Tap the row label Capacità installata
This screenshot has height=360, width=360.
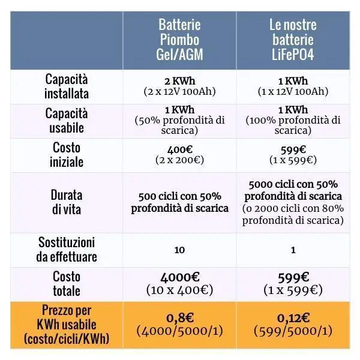pyautogui.click(x=66, y=86)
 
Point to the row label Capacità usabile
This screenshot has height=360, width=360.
pyautogui.click(x=66, y=121)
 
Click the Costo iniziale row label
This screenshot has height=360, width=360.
pyautogui.click(x=67, y=155)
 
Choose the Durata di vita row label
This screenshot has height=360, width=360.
pyautogui.click(x=67, y=203)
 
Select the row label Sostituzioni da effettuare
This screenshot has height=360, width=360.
pyautogui.click(x=67, y=250)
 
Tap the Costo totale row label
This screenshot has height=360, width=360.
pyautogui.click(x=67, y=284)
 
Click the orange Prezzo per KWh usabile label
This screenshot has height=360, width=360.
pyautogui.click(x=67, y=325)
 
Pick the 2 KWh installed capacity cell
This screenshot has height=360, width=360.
pyautogui.click(x=179, y=82)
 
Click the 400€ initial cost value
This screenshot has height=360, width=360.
pyautogui.click(x=179, y=150)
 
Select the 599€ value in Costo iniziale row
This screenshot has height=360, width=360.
pyautogui.click(x=292, y=150)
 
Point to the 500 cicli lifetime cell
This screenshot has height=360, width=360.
pyautogui.click(x=179, y=203)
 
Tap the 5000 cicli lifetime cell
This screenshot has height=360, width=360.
pyautogui.click(x=292, y=203)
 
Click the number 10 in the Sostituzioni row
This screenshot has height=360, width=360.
pyautogui.click(x=179, y=250)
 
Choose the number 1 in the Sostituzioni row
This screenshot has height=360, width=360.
pyautogui.click(x=292, y=250)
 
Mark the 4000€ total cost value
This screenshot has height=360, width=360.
pyautogui.click(x=179, y=278)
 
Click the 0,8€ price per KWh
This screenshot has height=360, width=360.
pyautogui.click(x=179, y=317)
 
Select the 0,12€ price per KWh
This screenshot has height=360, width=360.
pyautogui.click(x=292, y=317)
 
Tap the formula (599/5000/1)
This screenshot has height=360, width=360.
pyautogui.click(x=292, y=331)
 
